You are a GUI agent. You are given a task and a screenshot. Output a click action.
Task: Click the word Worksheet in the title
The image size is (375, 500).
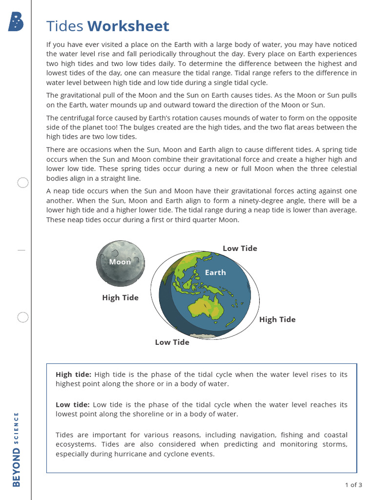[x=128, y=26]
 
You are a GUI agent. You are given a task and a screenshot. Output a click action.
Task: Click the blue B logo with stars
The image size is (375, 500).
[x=16, y=22]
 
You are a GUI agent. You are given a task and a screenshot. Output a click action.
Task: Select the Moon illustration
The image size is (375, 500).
[x=120, y=263]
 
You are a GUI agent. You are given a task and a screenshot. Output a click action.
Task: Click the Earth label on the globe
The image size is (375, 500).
[x=215, y=272]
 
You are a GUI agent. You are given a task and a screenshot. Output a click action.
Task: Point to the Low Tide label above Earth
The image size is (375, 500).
[x=240, y=249]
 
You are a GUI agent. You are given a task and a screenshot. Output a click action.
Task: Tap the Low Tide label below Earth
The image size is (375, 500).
[x=172, y=342]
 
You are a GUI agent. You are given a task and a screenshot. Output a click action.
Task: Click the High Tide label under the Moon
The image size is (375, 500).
[x=120, y=298]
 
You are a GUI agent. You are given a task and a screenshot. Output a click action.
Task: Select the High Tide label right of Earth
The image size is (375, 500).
[x=277, y=320]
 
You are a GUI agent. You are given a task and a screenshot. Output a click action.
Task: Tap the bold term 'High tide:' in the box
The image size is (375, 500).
[x=73, y=375]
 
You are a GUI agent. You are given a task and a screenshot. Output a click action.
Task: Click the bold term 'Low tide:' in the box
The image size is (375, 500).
[x=73, y=405]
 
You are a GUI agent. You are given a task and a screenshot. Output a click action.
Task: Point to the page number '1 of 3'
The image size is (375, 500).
[x=354, y=485]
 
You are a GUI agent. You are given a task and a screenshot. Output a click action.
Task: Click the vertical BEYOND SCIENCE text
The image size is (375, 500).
[x=17, y=450]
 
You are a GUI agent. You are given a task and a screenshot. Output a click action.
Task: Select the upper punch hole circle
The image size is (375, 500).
[x=23, y=183]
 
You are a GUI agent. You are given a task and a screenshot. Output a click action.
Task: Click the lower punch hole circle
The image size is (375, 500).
[x=23, y=318]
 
